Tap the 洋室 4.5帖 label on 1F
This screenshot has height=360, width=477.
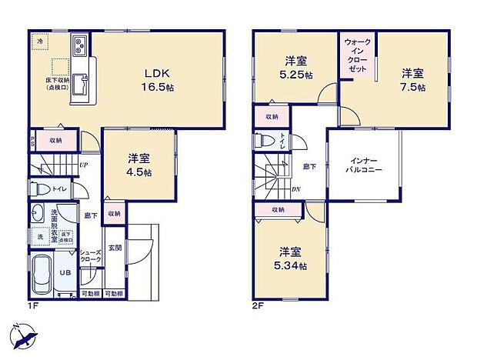(x=138, y=165)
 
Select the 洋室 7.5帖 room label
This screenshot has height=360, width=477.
(x=412, y=80)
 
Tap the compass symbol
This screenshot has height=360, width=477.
(x=23, y=336)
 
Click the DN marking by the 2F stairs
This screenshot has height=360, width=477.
(x=297, y=189)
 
